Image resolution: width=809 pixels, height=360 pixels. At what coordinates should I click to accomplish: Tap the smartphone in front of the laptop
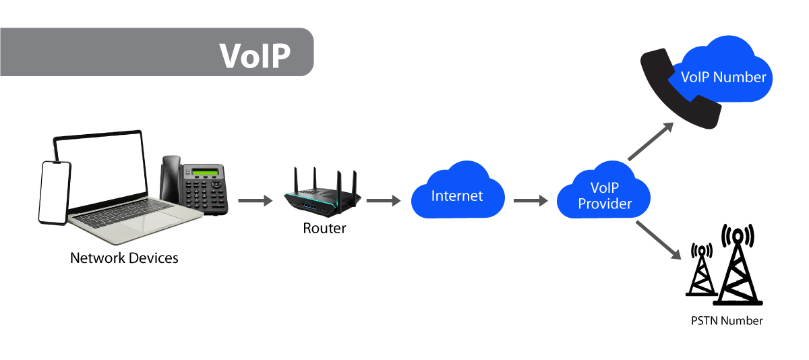55,193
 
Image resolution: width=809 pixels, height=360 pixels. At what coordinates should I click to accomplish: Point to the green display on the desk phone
206,171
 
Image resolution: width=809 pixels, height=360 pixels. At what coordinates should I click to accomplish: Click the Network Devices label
124,258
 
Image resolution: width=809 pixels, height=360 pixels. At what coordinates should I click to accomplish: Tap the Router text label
324,229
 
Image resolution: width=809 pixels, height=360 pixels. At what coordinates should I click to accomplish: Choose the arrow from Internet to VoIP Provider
530,200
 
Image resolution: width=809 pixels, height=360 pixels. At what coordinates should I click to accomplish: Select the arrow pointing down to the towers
657,240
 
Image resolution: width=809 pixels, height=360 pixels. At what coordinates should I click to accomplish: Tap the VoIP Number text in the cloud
723,77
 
